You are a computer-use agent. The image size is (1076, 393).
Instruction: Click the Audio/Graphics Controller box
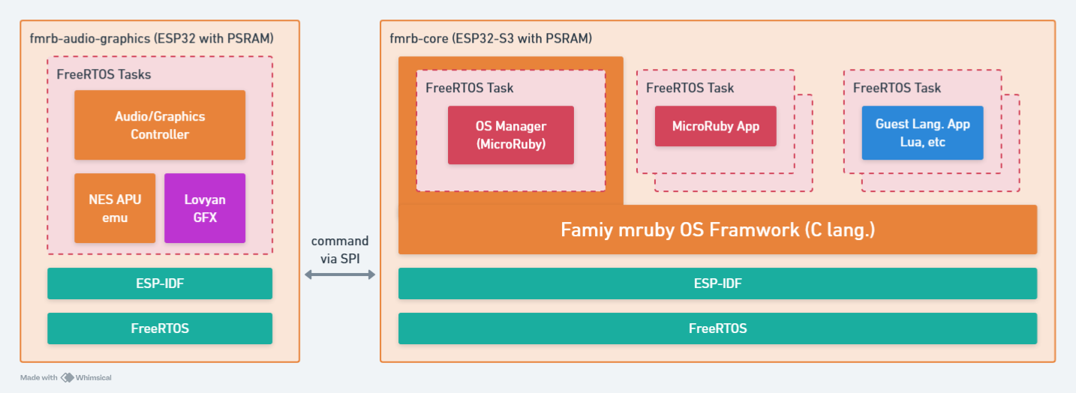159,125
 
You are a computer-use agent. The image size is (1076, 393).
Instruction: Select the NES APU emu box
115,208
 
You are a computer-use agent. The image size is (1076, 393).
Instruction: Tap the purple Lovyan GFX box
205,208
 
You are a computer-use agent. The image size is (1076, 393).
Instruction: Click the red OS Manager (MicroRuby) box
510,135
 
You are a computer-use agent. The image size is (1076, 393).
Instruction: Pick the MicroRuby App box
715,126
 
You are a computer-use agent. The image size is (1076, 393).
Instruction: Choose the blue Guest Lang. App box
921,133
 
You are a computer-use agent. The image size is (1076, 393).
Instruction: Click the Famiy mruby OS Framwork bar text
717,229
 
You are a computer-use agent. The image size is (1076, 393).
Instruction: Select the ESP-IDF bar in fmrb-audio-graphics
159,283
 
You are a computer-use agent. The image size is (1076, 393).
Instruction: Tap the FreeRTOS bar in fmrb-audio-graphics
159,328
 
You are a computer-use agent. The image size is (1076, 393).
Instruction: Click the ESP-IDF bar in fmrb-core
717,283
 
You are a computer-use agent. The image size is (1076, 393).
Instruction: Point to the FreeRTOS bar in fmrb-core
717,328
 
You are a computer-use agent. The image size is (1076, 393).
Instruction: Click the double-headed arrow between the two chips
339,275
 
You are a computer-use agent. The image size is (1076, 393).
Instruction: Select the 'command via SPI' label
340,249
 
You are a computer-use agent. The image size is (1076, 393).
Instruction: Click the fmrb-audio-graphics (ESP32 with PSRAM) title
151,37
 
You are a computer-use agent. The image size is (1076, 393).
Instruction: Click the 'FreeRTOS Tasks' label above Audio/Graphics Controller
104,74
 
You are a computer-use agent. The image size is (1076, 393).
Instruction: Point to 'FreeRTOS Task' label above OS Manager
470,88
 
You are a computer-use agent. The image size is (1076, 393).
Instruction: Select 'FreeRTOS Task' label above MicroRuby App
690,88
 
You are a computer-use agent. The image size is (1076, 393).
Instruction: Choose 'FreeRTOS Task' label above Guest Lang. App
897,88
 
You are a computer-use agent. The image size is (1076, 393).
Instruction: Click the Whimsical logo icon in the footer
67,378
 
